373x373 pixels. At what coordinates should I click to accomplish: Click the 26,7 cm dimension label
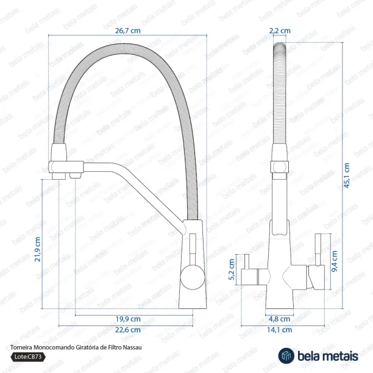coord(128,30)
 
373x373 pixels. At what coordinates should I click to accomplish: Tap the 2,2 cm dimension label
coord(280,30)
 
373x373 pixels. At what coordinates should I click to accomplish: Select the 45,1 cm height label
coord(347,176)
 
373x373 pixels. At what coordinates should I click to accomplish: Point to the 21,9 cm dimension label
coord(38,249)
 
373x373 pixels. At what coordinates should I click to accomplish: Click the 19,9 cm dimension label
coord(128,319)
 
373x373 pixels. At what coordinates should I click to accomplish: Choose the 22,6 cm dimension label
coord(128,330)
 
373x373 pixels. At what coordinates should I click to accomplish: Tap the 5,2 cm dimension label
coord(232,269)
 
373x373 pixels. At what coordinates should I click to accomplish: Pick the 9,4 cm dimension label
coord(334,261)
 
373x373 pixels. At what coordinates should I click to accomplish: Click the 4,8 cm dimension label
coord(280,319)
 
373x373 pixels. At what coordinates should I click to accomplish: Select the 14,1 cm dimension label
coord(279,330)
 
